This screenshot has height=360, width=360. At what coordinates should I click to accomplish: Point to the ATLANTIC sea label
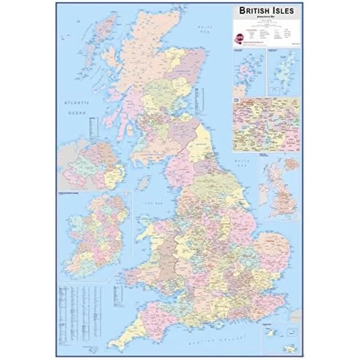click(77, 103)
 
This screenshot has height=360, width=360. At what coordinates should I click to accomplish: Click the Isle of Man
click(144, 182)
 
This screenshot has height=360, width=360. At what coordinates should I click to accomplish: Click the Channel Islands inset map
click(281, 337)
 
